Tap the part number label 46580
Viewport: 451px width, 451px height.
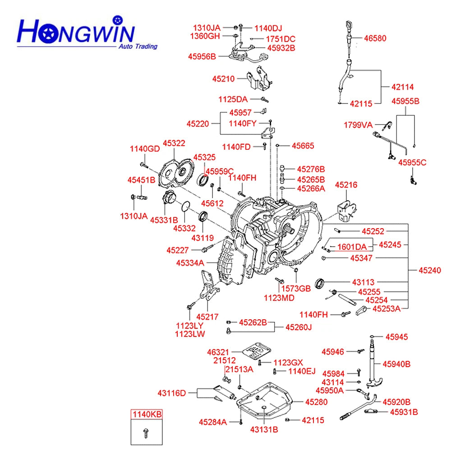[375, 39]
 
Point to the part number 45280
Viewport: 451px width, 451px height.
[316, 402]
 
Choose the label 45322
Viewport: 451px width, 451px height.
[174, 143]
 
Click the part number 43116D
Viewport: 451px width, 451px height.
[172, 393]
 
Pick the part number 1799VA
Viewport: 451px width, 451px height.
[359, 124]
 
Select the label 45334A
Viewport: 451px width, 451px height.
[190, 262]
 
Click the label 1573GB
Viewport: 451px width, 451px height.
[296, 288]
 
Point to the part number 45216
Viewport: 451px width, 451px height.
[346, 184]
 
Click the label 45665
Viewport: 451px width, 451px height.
[303, 146]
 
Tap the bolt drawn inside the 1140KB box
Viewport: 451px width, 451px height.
[145, 433]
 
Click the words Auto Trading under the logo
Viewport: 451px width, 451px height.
[138, 46]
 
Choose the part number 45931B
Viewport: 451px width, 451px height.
[404, 412]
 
